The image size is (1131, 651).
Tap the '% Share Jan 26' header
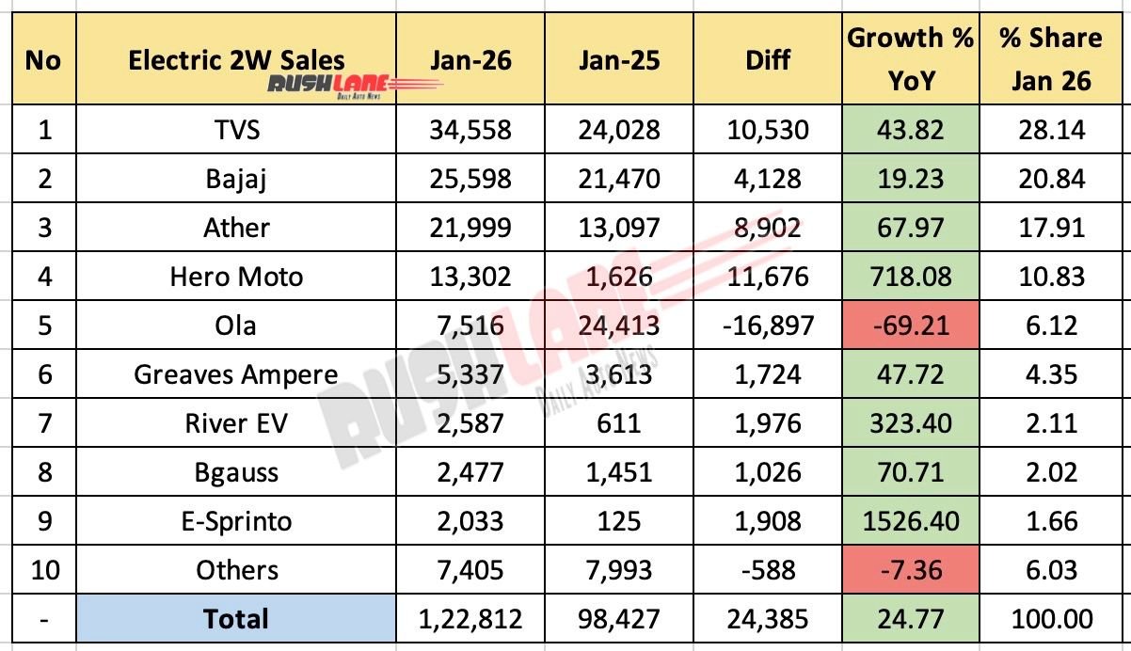1050,58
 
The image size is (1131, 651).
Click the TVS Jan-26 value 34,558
470,130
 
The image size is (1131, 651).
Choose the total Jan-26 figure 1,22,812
470,619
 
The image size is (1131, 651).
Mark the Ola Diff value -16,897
767,325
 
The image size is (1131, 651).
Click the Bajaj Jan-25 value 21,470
619,179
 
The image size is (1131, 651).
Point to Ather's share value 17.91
1050,228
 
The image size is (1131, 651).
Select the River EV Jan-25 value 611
619,423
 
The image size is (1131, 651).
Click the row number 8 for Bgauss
42,472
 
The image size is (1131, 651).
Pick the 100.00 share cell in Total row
1050,619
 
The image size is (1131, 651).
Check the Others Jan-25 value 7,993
619,570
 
